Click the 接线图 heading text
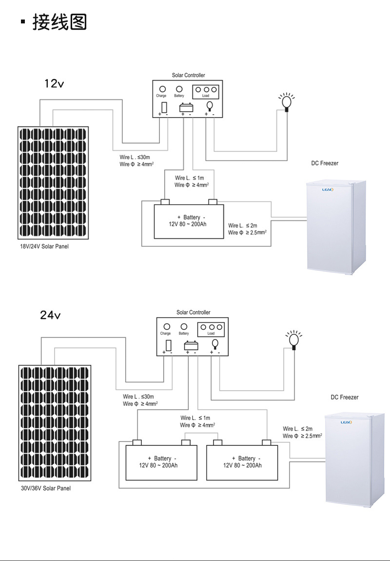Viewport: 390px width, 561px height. (59, 22)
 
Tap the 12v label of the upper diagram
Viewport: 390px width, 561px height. (54, 83)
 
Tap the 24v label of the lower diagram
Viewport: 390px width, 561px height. (50, 315)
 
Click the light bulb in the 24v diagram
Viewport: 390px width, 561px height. (293, 339)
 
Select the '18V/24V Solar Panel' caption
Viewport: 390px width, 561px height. (44, 246)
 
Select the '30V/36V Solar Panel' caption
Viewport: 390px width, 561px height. (46, 488)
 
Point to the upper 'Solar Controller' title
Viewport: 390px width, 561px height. (188, 75)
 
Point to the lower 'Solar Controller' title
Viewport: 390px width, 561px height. (193, 312)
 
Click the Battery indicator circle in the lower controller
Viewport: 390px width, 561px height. (184, 326)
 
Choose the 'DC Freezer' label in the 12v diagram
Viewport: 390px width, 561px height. (325, 163)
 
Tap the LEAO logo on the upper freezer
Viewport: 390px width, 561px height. (327, 190)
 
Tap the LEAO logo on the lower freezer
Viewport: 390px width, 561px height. (346, 422)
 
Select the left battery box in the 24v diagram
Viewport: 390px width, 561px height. (161, 462)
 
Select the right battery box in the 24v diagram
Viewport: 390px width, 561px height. (242, 462)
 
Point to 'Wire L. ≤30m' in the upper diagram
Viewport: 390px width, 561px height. (135, 157)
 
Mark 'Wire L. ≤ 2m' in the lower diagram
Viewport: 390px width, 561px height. (297, 428)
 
